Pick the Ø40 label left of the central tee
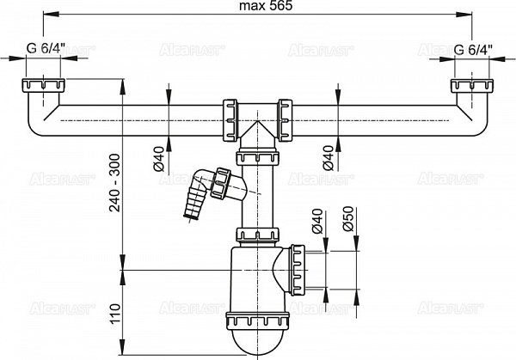pos(159,158)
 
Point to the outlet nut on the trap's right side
pos(298,270)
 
